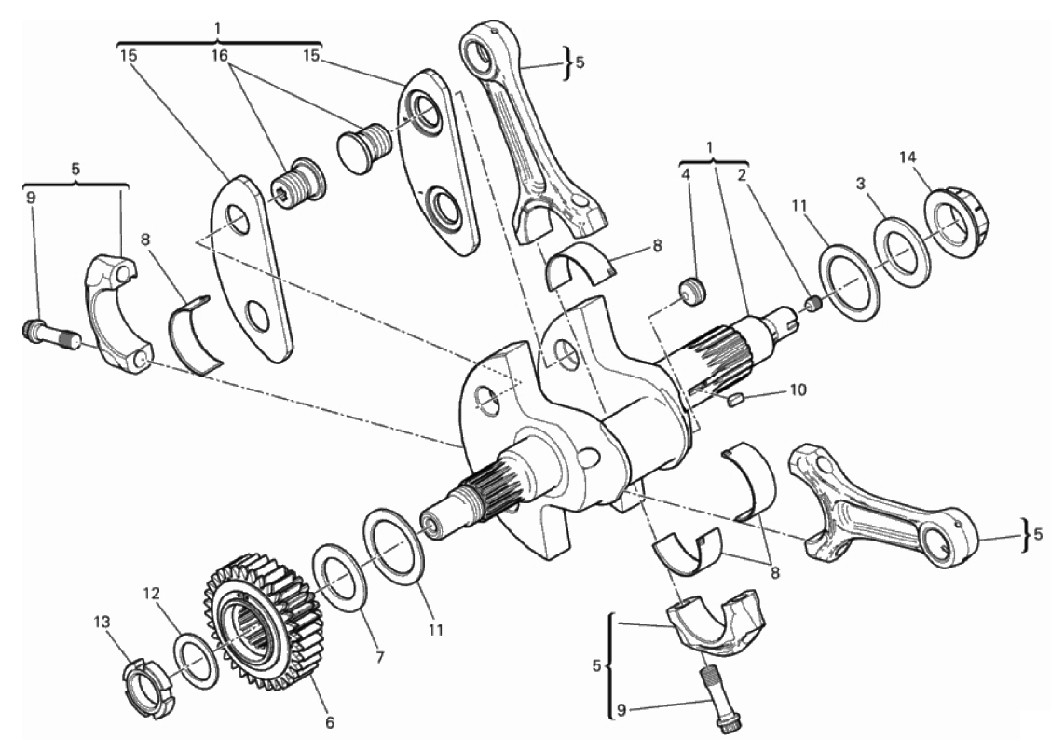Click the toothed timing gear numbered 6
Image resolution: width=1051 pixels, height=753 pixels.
coord(260,623)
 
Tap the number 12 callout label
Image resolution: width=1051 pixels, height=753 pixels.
coord(152,593)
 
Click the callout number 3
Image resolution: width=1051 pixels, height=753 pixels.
coord(861,183)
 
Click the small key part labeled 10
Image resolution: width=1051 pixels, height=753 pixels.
coord(736,401)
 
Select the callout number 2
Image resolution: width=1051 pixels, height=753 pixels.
coord(742,176)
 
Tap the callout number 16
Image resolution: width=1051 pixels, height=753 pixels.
coord(220,55)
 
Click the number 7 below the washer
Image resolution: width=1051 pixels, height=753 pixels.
coord(379,657)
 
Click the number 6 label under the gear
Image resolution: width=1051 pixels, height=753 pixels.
coord(329,723)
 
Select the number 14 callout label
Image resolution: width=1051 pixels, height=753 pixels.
coord(908,157)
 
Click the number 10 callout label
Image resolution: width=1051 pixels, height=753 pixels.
coord(798,390)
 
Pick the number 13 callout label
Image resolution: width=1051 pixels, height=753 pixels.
coord(102,623)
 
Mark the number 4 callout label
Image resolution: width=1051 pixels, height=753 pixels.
coord(685,175)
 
